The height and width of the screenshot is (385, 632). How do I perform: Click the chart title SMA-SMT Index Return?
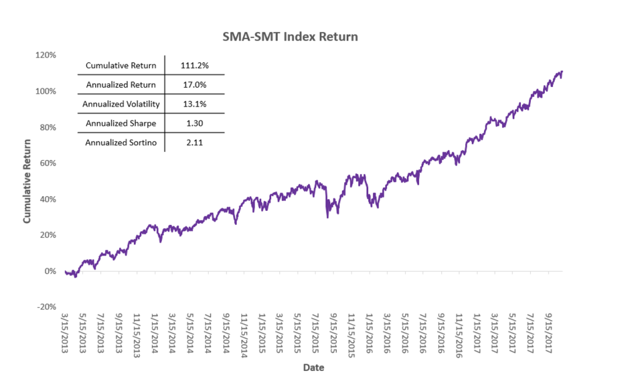[x=290, y=37]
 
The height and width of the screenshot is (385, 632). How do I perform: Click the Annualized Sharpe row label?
[x=121, y=123]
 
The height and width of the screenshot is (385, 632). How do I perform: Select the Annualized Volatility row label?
[x=121, y=104]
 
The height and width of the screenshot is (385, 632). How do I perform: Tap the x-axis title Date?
[x=314, y=368]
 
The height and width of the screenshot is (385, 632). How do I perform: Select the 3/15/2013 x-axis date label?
[x=64, y=335]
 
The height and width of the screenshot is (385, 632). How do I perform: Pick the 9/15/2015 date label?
[x=334, y=335]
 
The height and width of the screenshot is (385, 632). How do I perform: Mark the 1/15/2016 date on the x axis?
[x=369, y=335]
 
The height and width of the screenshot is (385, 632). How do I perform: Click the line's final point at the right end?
[x=561, y=72]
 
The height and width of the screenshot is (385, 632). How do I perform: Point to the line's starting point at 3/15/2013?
[x=65, y=271]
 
